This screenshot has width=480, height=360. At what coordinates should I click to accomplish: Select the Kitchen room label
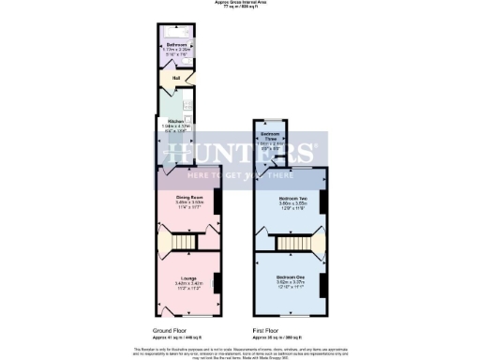point(175,122)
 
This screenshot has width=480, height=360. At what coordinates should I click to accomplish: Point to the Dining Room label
point(188,198)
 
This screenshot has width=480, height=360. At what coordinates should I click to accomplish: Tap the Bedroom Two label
point(288,199)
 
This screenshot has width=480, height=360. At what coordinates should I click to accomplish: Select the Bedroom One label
point(288,278)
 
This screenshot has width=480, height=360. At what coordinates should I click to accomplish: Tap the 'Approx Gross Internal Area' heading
point(241,3)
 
